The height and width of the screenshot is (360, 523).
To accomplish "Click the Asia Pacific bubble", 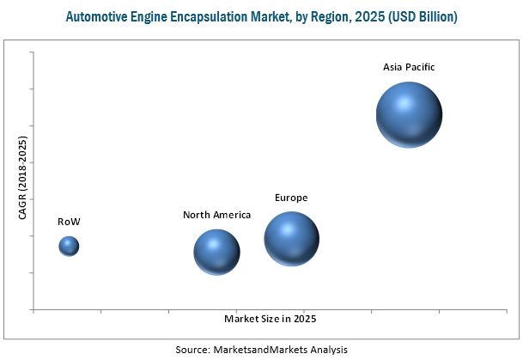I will [410, 115].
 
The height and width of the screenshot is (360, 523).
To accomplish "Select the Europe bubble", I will [292, 239].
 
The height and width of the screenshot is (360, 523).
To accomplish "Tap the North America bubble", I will [216, 252].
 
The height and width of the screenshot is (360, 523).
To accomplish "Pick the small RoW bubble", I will [69, 247].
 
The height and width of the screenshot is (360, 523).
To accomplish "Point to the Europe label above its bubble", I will [291, 198].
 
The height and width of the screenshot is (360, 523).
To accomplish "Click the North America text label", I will [216, 215].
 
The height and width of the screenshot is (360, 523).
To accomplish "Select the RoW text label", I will [69, 222].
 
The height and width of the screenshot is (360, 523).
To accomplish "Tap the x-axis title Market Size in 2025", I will [271, 320].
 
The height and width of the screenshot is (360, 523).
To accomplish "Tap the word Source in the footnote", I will [192, 350].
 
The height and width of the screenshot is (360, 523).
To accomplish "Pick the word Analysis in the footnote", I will [328, 350].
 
